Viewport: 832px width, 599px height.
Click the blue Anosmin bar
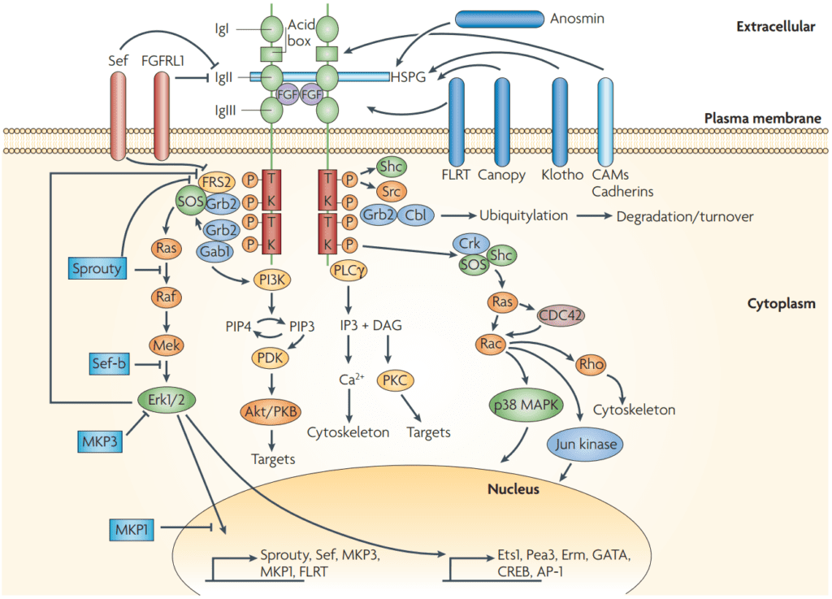[500, 17]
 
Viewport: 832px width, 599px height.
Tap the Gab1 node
[212, 252]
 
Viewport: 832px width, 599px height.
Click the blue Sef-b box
[110, 365]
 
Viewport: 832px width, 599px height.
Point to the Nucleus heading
[513, 489]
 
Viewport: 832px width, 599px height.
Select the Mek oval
[165, 347]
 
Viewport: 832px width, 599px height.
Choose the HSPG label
[408, 77]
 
